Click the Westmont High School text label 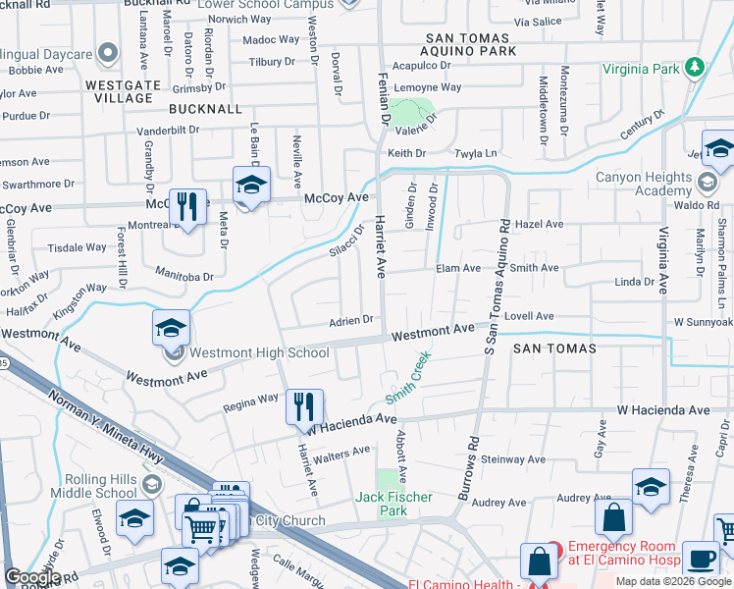tap(259, 352)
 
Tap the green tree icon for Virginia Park tap(696, 67)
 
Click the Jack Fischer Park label tap(393, 505)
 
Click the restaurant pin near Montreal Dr tap(187, 207)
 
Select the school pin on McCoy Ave tap(251, 186)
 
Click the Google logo tap(33, 577)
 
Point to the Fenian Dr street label tap(385, 99)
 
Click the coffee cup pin tap(701, 559)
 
